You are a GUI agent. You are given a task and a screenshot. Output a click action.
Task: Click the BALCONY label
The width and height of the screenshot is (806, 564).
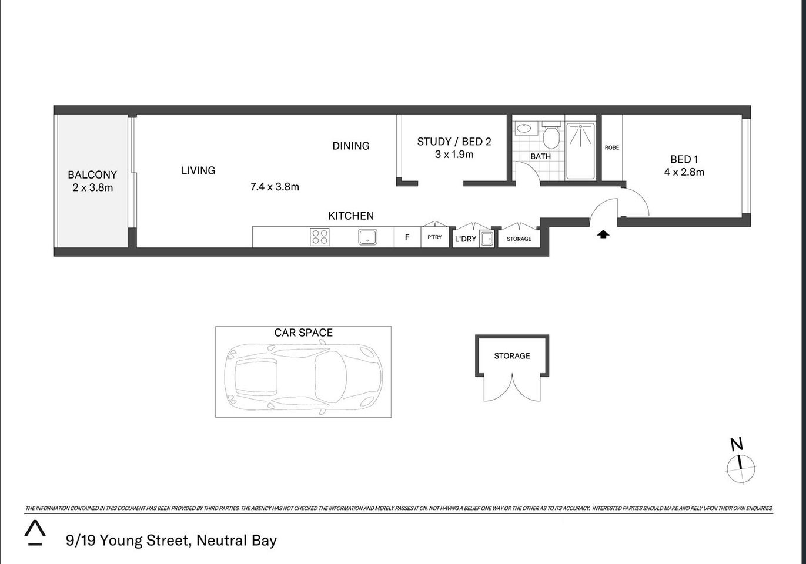pos(92,174)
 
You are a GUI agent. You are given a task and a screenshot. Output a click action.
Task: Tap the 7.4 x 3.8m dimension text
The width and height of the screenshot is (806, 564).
pos(275,187)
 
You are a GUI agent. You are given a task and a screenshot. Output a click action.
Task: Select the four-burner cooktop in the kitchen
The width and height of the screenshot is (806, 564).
pos(320,237)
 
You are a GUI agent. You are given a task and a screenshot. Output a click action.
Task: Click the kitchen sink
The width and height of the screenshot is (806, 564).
pos(367,237)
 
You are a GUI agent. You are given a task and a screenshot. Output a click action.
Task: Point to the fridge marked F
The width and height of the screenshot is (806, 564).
pos(407,237)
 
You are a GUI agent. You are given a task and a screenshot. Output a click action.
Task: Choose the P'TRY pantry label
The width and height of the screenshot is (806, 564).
pos(434,237)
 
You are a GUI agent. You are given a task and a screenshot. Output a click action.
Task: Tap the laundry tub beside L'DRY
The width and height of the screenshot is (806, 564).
pos(486,239)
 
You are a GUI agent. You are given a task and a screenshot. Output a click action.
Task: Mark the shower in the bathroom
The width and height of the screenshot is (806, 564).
pos(580,150)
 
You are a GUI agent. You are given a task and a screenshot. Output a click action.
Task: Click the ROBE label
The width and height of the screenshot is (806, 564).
pos(612,147)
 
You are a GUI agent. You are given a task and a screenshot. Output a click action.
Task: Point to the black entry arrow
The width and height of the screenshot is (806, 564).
pos(603,234)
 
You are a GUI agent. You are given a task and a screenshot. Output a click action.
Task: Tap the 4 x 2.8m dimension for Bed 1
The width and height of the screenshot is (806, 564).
pos(684,172)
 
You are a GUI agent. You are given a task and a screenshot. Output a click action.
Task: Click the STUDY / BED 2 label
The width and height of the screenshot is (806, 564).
pos(454,142)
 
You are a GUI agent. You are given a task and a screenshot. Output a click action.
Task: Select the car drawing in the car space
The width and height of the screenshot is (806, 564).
pos(304,376)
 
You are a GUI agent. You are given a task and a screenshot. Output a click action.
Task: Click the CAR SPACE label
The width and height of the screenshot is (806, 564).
pos(303,333)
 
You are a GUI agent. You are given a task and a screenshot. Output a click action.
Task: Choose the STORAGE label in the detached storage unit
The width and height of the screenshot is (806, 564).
pos(511,356)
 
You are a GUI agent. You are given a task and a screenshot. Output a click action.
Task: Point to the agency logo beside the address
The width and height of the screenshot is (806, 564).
pos(35,532)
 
